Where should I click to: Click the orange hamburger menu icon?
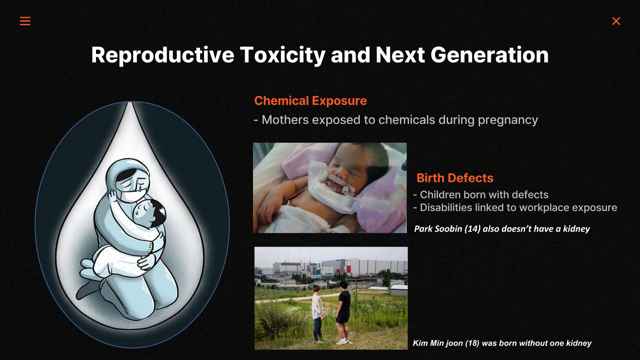pyautogui.click(x=25, y=21)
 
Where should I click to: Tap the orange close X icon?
pyautogui.click(x=616, y=21)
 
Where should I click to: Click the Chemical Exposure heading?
pyautogui.click(x=310, y=101)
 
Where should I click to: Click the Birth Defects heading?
pyautogui.click(x=455, y=178)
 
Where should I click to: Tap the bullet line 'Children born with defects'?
pyautogui.click(x=481, y=195)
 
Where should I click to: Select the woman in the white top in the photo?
pyautogui.click(x=317, y=313)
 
